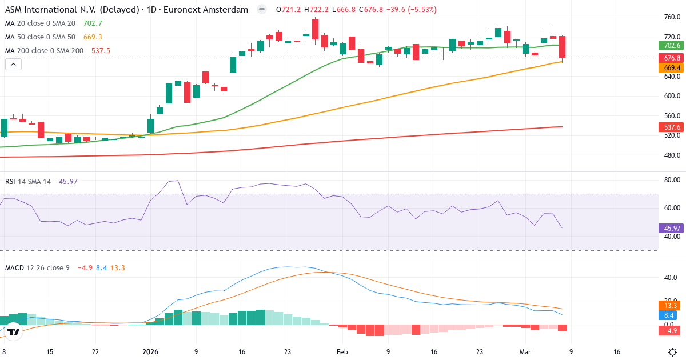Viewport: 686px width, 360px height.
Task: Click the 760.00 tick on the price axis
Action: tap(672, 17)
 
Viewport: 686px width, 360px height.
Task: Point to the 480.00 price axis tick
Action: tap(672, 155)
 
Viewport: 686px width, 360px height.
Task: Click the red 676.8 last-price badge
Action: tap(671, 58)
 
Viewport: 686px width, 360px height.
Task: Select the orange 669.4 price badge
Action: tap(671, 68)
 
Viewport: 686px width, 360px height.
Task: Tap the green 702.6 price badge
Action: tap(671, 46)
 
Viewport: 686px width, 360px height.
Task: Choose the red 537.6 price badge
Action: tap(671, 127)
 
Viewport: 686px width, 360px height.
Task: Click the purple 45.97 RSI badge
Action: tap(671, 229)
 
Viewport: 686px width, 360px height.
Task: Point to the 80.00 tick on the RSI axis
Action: tap(672, 180)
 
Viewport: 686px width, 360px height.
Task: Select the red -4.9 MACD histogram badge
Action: tap(669, 331)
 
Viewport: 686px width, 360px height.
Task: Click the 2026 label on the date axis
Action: tap(150, 352)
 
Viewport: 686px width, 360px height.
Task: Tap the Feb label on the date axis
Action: tap(342, 352)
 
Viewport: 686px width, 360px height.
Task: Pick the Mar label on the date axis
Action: tap(525, 352)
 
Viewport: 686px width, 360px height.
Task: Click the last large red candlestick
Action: tap(563, 47)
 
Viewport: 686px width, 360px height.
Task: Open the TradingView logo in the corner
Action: tap(14, 331)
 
